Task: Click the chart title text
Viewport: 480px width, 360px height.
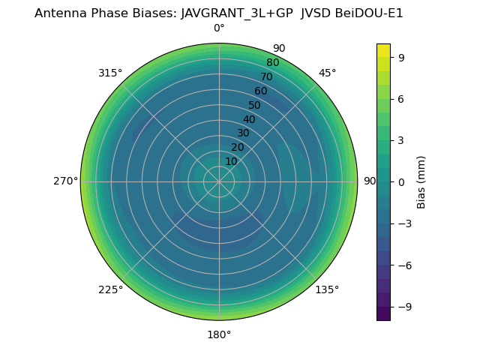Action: [x=219, y=13]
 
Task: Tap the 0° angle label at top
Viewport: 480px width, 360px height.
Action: [x=219, y=28]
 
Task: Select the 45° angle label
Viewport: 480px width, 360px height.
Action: [x=327, y=73]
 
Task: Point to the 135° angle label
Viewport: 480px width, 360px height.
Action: [x=327, y=289]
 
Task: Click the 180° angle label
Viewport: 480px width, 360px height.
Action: [x=219, y=334]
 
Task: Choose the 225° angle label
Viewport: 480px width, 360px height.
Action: [x=110, y=289]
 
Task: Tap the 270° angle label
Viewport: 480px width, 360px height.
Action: [x=65, y=181]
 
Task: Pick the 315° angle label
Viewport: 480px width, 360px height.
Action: [x=110, y=73]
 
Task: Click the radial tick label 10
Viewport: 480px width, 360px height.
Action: [x=231, y=161]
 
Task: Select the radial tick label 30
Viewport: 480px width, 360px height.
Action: [x=243, y=133]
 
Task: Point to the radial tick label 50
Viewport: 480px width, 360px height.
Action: [x=255, y=105]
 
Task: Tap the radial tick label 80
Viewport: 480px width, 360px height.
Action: [x=273, y=62]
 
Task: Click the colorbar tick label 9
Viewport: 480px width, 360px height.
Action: [x=401, y=57]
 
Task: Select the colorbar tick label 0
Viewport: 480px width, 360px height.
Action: [x=401, y=181]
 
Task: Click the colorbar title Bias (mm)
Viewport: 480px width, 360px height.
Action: [x=421, y=181]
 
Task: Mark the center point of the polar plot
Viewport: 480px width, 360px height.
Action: [x=219, y=181]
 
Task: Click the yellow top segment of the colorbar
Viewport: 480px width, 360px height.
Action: [x=383, y=49]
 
